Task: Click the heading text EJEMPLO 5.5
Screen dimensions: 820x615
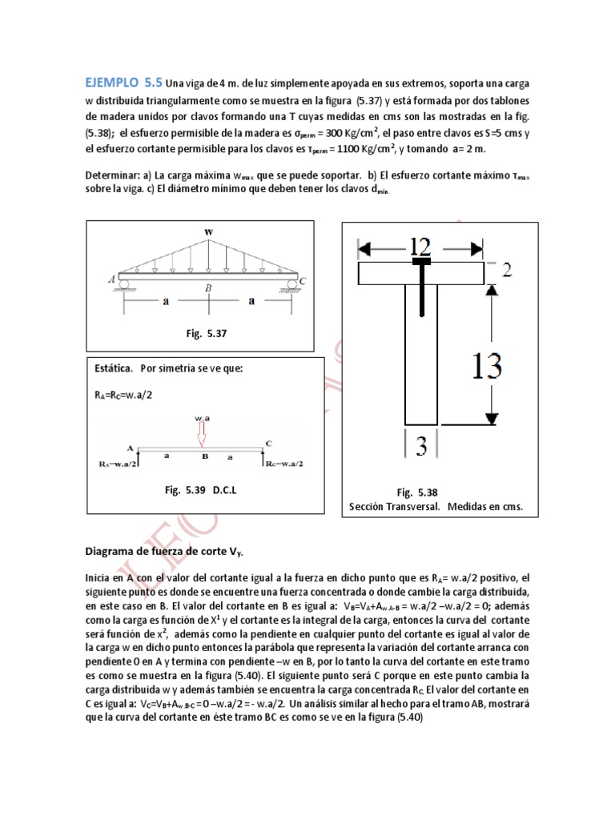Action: point(123,82)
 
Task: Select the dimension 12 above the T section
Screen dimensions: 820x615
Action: point(420,246)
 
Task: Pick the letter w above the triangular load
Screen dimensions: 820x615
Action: point(209,232)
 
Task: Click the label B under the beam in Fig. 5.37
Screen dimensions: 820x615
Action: point(208,287)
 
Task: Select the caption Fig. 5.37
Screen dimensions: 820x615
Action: point(207,333)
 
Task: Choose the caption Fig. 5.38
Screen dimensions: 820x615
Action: point(417,492)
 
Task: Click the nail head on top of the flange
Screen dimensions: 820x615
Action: point(420,261)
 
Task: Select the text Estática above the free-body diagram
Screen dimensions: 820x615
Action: point(114,368)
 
